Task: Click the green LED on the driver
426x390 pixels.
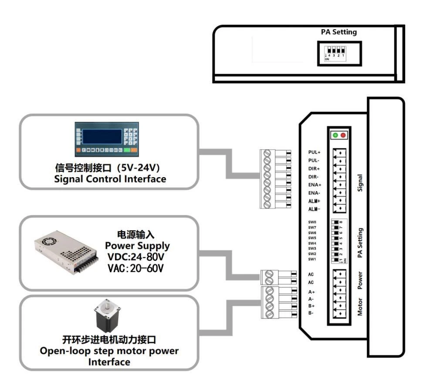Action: [335, 135]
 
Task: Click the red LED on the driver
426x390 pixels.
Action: [343, 135]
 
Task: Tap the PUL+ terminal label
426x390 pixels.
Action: [314, 153]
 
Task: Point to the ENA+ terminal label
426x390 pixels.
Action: [314, 185]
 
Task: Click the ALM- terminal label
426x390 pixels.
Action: [314, 209]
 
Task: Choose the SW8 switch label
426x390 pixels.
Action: [312, 222]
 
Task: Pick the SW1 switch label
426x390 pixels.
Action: [312, 260]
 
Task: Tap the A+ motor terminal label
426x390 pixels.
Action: [311, 292]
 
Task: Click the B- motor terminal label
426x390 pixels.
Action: [311, 313]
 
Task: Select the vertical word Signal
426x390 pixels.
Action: [360, 183]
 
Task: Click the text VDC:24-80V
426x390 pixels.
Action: [139, 257]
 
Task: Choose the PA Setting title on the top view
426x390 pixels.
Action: [338, 32]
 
